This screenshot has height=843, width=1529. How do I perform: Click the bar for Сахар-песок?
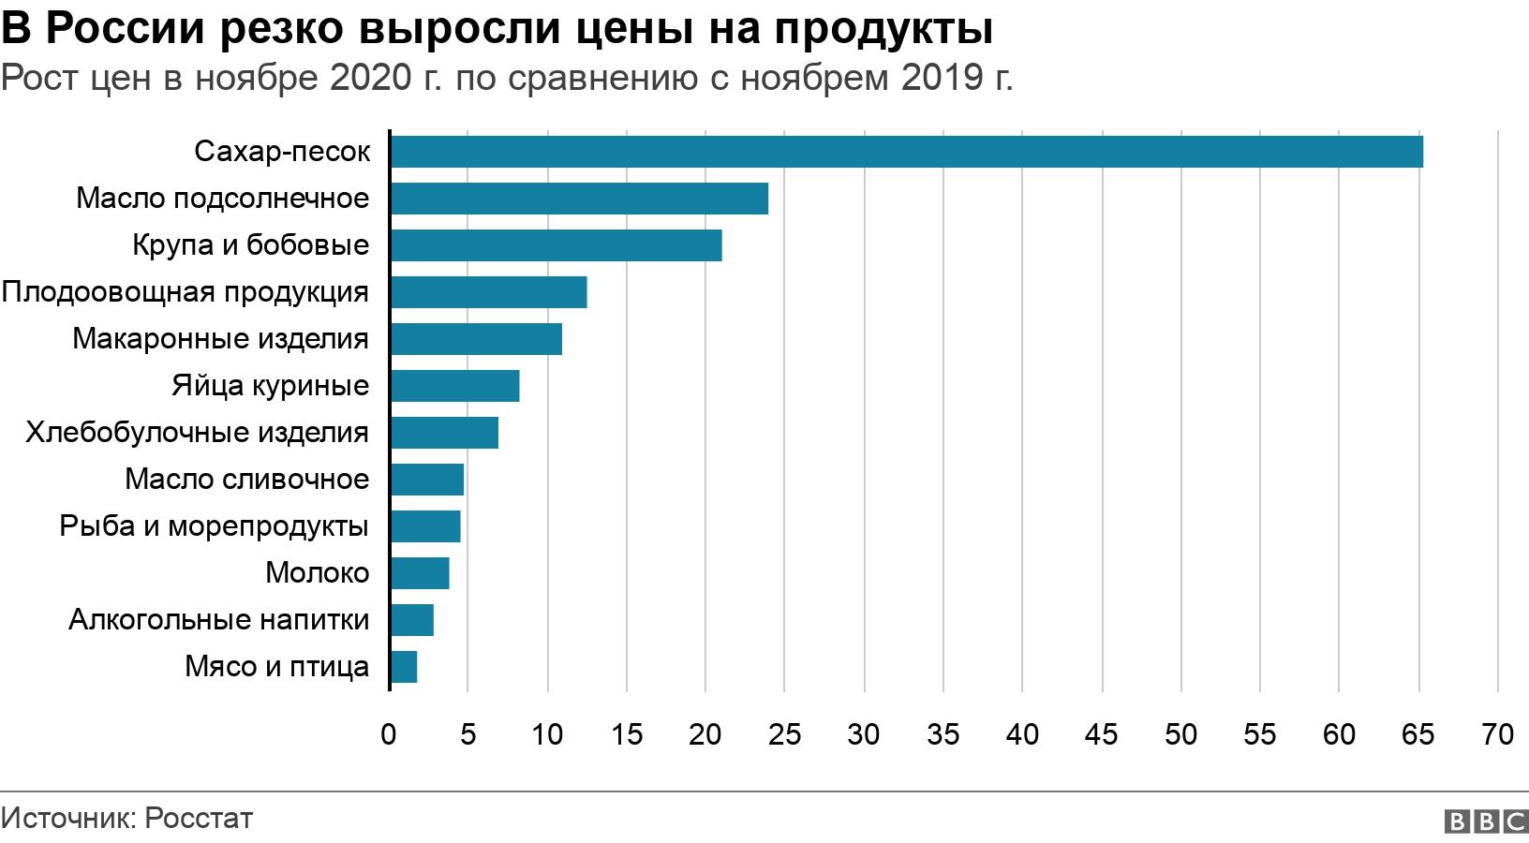click(906, 152)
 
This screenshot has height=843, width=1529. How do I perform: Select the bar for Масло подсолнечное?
click(579, 199)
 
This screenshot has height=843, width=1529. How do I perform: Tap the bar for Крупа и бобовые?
click(556, 245)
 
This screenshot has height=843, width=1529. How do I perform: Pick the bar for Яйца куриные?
click(454, 386)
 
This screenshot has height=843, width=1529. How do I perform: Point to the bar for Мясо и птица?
click(404, 667)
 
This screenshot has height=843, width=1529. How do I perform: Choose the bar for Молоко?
click(420, 573)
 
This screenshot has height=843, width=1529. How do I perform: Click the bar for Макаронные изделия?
click(476, 339)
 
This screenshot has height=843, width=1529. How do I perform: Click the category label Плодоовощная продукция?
click(186, 292)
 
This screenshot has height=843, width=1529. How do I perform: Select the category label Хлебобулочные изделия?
click(197, 433)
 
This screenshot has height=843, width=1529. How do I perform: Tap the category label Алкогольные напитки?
click(219, 620)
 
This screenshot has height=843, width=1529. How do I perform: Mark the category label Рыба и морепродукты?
click(214, 526)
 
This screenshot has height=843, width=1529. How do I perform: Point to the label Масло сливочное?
click(247, 480)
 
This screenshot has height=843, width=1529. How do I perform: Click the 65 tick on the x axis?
click(1418, 734)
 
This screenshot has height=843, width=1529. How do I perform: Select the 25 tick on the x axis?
click(785, 734)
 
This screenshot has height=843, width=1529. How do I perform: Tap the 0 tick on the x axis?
click(389, 734)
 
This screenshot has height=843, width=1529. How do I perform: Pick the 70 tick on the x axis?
click(1498, 734)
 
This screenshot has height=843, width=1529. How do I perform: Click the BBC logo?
click(1487, 821)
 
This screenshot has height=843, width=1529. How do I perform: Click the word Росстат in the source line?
click(200, 819)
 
